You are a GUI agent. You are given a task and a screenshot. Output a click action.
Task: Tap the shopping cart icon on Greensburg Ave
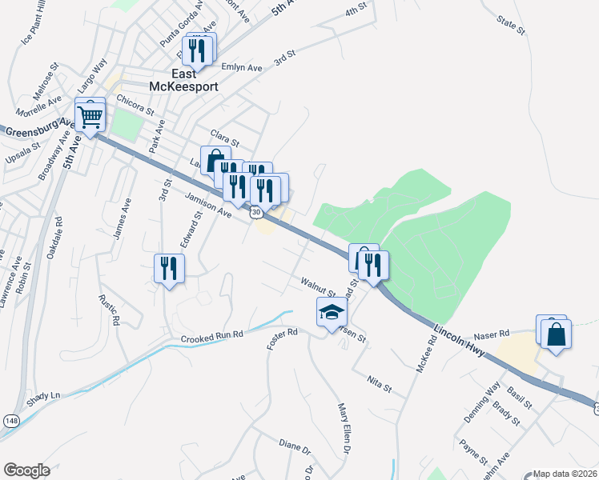click(x=90, y=118)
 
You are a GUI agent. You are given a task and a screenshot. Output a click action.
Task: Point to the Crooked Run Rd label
click(x=211, y=338)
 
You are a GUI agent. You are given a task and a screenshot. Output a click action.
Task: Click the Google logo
click(x=26, y=470)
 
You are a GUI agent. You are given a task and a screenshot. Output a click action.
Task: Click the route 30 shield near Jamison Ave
click(x=255, y=211)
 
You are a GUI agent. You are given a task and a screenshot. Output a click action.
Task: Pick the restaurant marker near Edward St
click(x=169, y=268)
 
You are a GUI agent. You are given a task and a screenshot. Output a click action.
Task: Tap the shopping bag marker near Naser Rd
click(x=556, y=333)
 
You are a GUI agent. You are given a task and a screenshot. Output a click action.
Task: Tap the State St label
click(x=510, y=25)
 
